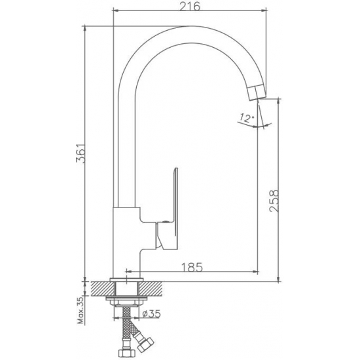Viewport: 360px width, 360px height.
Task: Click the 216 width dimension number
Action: [190, 6]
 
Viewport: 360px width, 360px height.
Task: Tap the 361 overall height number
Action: [81, 153]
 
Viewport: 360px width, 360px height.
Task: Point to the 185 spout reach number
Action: [192, 267]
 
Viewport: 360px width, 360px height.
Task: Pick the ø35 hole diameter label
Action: [151, 314]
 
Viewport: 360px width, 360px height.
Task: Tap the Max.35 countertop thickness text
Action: [81, 310]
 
